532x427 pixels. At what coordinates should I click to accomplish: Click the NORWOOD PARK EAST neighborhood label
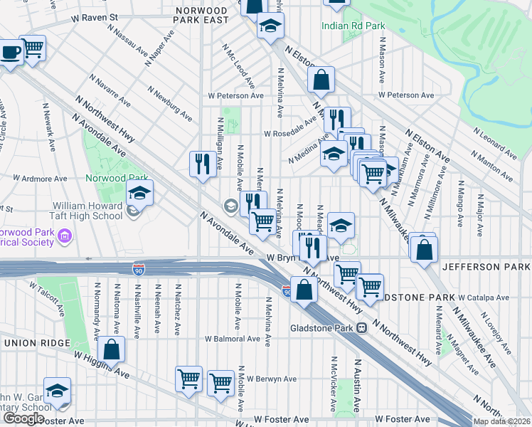point(202,16)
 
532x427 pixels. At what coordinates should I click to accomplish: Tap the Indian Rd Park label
point(353,26)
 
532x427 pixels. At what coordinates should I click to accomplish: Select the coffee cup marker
point(10,53)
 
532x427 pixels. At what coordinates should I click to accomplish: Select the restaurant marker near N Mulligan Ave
point(203,164)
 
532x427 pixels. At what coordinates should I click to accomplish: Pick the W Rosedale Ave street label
point(290,133)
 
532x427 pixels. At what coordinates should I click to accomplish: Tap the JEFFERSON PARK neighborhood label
point(486,266)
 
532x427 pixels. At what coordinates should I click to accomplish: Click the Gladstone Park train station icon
point(362,328)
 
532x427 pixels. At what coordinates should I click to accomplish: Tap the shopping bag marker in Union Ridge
point(112,349)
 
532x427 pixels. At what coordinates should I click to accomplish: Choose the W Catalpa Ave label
point(484,297)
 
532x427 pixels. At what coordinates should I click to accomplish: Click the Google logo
point(23,418)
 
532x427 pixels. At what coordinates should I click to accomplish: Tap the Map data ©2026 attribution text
point(501,421)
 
